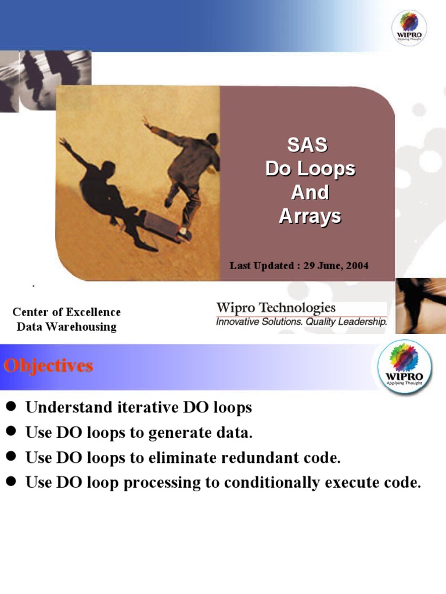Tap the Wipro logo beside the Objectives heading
(405, 368)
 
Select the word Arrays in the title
(310, 216)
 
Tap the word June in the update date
(327, 266)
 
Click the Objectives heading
(48, 366)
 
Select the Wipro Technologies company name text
(276, 307)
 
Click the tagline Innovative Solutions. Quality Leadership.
(301, 321)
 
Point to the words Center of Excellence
(67, 312)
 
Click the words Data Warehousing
(67, 327)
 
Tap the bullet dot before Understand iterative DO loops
(10, 407)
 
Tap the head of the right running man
(212, 139)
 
